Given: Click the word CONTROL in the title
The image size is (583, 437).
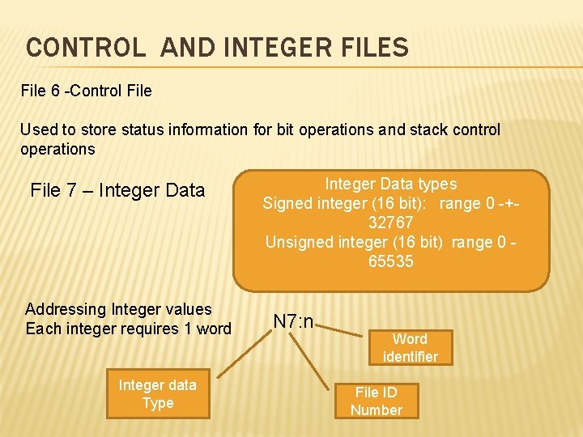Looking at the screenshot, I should coord(86,48).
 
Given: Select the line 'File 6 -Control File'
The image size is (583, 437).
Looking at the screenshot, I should coord(86,91).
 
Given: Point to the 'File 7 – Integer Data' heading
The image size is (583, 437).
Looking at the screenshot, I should coord(117,191).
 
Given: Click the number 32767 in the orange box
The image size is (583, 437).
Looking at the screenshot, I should coord(391,223).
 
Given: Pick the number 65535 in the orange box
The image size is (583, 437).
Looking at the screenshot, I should coord(391,261).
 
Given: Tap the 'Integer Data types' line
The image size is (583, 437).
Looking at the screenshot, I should coord(391,184).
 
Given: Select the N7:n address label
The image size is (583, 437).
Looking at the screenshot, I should coord(293,321).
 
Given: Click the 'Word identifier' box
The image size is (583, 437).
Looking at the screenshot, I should coord(410,347).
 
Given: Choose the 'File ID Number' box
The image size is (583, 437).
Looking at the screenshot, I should coord(376,401).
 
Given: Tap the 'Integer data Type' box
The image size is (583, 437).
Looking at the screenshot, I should coord(157,394).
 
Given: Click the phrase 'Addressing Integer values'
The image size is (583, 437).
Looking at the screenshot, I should coord(118,309).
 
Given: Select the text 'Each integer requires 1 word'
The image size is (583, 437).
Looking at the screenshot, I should coord(128,329).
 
